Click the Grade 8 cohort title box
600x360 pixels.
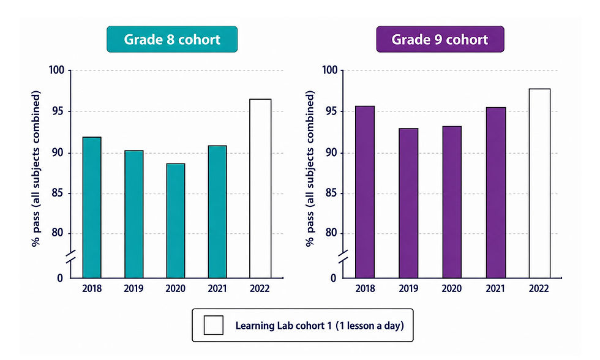tap(172, 39)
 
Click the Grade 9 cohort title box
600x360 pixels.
tap(440, 39)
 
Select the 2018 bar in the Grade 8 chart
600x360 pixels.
tap(92, 208)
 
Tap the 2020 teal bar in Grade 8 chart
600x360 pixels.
tap(176, 221)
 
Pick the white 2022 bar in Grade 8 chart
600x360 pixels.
tap(260, 189)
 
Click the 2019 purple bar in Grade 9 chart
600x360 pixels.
tap(408, 203)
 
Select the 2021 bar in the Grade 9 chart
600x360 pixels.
tap(495, 193)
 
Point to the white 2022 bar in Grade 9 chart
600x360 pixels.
tap(539, 184)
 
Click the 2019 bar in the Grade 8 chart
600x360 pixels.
tap(134, 214)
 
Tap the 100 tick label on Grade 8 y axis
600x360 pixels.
tap(56, 70)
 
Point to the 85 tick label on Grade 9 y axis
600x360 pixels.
tap(331, 193)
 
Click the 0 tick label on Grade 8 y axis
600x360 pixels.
tap(60, 278)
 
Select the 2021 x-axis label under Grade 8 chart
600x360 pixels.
tap(217, 288)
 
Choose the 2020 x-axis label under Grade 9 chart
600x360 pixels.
tap(452, 288)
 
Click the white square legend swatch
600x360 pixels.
tap(214, 325)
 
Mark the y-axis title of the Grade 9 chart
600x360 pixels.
tap(310, 168)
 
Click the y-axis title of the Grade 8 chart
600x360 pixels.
tap(36, 168)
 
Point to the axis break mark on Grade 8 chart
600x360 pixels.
tap(71, 257)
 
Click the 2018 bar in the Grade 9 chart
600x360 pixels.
tap(365, 192)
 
